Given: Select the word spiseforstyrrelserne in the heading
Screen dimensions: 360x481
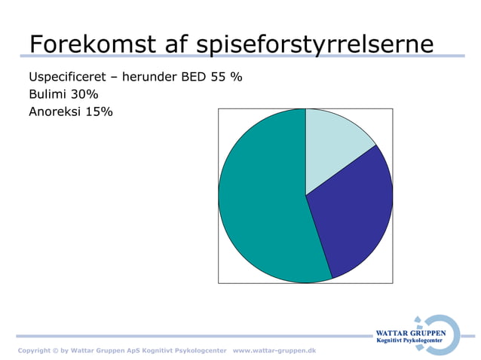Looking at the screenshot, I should point(314,45).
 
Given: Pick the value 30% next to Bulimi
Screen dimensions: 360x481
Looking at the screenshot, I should point(85,95).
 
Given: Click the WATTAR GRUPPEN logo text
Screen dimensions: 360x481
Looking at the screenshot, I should point(410,334).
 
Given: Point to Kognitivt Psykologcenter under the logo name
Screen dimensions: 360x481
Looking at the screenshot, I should point(410,343).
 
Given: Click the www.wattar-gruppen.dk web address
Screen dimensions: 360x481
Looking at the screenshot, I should point(274,351).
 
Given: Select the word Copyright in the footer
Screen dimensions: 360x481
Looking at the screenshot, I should point(34,351).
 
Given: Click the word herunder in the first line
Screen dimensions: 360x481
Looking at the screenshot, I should point(146,78).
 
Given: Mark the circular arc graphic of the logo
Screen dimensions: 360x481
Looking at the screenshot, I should point(451,335).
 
